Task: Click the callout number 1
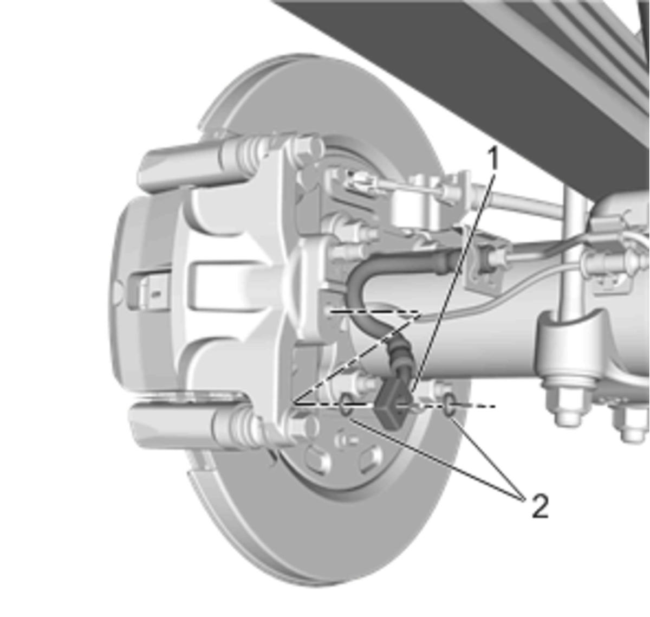point(493,158)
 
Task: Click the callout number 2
point(540,506)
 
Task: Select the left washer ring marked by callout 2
point(346,404)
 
